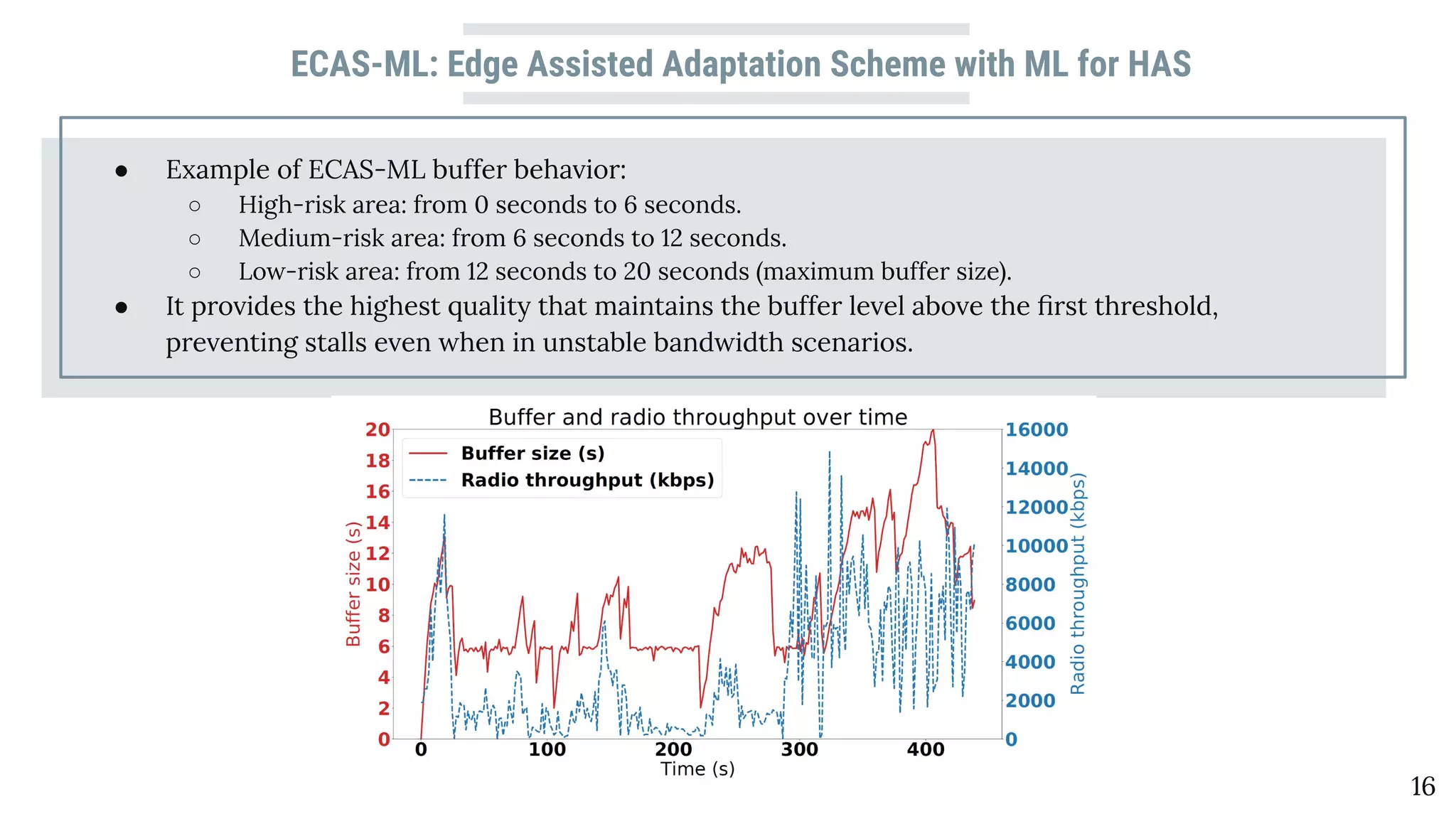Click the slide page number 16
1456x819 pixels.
tap(1423, 786)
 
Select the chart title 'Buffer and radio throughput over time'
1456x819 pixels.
tap(697, 417)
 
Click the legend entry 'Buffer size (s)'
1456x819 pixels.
tap(532, 453)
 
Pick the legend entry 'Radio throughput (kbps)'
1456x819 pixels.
tap(587, 480)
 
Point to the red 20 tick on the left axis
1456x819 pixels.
tap(378, 429)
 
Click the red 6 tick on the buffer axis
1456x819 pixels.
tap(384, 646)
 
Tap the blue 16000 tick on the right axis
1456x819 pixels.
tap(1036, 429)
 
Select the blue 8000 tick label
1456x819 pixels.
tap(1030, 584)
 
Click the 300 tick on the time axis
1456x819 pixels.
tap(800, 749)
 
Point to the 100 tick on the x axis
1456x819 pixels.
tap(547, 749)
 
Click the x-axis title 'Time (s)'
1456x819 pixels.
tap(697, 769)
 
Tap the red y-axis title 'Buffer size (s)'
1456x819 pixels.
tap(353, 584)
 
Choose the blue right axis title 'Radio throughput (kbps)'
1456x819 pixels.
tap(1078, 584)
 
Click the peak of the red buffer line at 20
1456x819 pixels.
tap(932, 431)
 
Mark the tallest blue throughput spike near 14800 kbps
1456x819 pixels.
tap(829, 453)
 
